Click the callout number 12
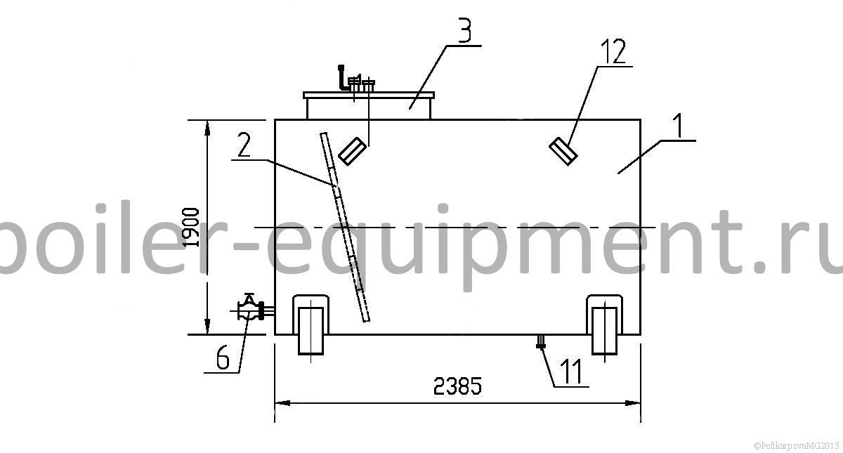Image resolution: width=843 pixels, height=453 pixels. [613, 51]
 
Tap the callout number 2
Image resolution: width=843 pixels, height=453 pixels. [244, 145]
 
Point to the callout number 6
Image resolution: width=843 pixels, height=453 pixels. [223, 357]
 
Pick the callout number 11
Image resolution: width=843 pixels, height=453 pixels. [572, 371]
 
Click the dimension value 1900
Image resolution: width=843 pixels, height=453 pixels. [192, 227]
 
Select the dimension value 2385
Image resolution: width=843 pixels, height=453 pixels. [457, 386]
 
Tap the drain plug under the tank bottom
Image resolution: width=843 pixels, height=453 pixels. [540, 341]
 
